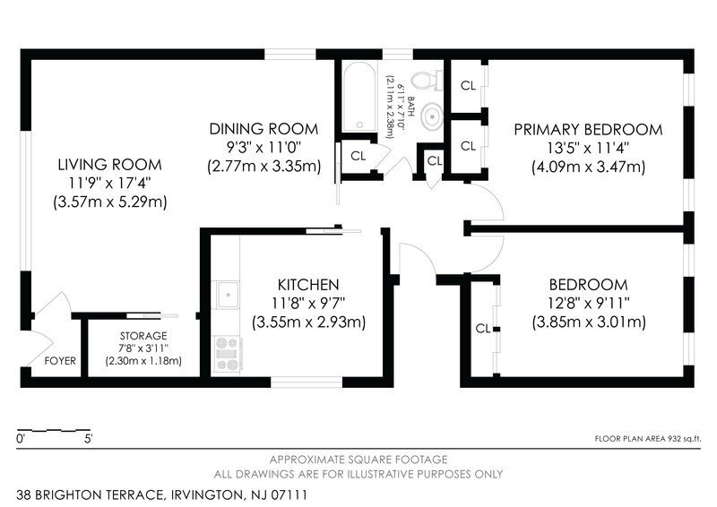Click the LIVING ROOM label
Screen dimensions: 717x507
pyautogui.click(x=109, y=165)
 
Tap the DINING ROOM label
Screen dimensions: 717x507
pyautogui.click(x=263, y=129)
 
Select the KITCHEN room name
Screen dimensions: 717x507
pyautogui.click(x=308, y=285)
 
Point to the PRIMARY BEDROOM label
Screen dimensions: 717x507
pyautogui.click(x=588, y=129)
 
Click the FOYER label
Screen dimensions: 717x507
pyautogui.click(x=60, y=361)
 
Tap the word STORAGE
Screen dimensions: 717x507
pyautogui.click(x=143, y=336)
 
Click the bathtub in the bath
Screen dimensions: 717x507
pyautogui.click(x=359, y=98)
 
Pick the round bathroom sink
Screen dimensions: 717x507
pyautogui.click(x=432, y=116)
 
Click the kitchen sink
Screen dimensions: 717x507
pyautogui.click(x=228, y=295)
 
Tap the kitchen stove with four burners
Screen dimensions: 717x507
pyautogui.click(x=228, y=354)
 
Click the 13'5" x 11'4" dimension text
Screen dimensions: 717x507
pyautogui.click(x=588, y=148)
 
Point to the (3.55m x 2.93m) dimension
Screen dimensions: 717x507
pyautogui.click(x=308, y=322)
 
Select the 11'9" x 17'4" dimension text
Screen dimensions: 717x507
pyautogui.click(x=109, y=183)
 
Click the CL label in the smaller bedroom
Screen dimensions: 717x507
pyautogui.click(x=483, y=329)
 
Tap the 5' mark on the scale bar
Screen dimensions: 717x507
pyautogui.click(x=88, y=439)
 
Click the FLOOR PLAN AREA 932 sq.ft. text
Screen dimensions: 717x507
pyautogui.click(x=647, y=439)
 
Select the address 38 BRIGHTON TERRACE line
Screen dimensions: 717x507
pyautogui.click(x=162, y=495)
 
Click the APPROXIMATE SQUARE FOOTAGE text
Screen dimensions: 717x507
pyautogui.click(x=358, y=460)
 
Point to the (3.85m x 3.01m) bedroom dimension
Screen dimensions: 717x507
pyautogui.click(x=589, y=322)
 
